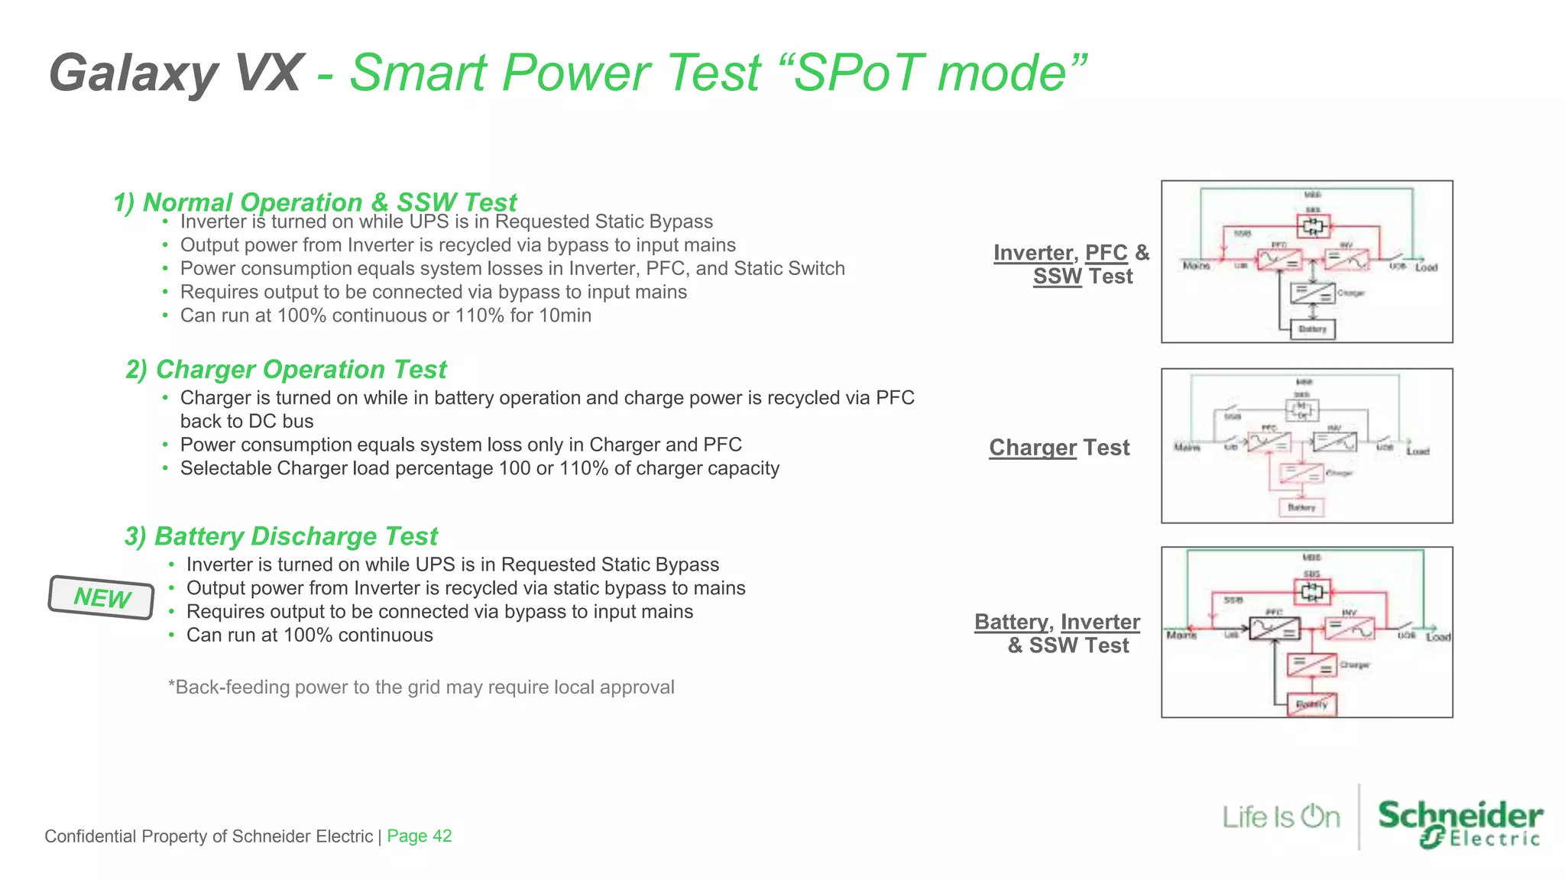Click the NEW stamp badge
click(102, 597)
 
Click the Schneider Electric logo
click(1460, 823)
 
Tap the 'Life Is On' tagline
click(1281, 817)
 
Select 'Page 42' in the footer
click(419, 836)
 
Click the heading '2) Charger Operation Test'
click(286, 370)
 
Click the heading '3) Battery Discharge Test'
click(281, 536)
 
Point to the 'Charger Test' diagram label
click(1059, 448)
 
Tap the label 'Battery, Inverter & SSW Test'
click(1058, 633)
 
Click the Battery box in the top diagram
click(1312, 329)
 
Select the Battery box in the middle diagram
click(1301, 507)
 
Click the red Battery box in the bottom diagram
click(1312, 704)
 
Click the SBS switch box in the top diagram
click(1313, 226)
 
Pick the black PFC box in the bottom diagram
click(1275, 629)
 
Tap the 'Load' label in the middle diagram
click(1418, 451)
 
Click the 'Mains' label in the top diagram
click(1196, 266)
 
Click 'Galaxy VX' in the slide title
click(176, 73)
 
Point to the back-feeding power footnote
click(421, 687)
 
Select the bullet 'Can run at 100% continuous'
click(309, 636)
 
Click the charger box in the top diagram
click(1312, 293)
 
